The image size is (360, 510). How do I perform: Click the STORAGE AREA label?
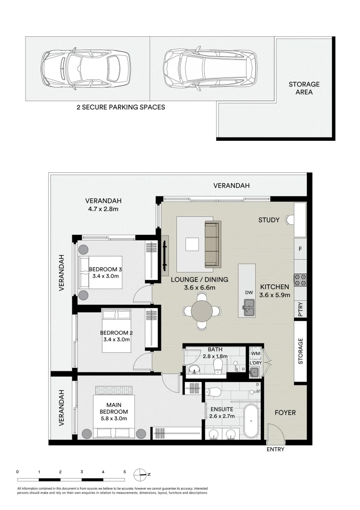coord(304,88)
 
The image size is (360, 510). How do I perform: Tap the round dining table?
coord(202,311)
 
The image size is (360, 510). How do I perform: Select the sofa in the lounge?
coord(212,244)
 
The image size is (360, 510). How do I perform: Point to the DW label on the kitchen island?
coord(249,292)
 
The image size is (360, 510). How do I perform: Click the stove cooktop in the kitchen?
coord(300,280)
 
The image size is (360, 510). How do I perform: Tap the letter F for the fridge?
coord(300,249)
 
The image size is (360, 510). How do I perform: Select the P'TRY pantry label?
coord(301,309)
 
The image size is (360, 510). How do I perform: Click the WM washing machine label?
coord(256,353)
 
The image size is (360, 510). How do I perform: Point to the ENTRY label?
coord(276,449)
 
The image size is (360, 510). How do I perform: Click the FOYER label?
coord(285,412)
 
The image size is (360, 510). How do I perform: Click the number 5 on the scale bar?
coord(125,472)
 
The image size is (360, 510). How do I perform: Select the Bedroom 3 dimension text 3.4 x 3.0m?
coord(106,276)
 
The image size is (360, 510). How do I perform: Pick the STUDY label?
coord(268,220)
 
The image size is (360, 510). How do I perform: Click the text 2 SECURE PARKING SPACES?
coord(121,107)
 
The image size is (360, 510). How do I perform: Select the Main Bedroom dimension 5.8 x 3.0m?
coord(114,418)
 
